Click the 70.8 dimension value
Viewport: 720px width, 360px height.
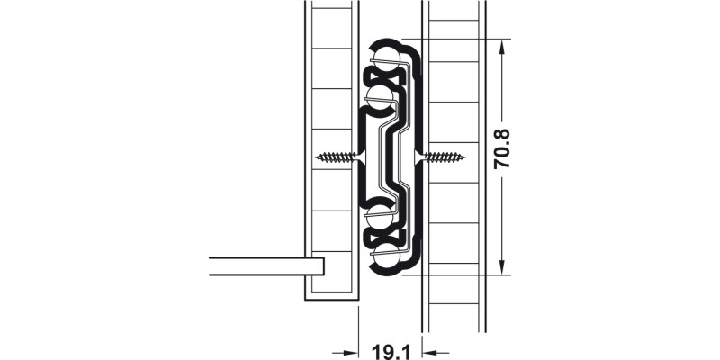coord(502,148)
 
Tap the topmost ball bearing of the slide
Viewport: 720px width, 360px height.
coord(386,58)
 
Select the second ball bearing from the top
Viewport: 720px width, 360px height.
coord(379,97)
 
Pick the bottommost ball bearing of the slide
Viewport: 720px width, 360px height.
coord(386,256)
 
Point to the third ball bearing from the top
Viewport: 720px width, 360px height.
coord(379,217)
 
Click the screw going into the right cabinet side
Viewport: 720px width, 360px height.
coord(440,157)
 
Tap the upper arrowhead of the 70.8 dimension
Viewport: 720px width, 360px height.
coord(502,47)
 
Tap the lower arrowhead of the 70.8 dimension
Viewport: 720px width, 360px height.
coord(502,267)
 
